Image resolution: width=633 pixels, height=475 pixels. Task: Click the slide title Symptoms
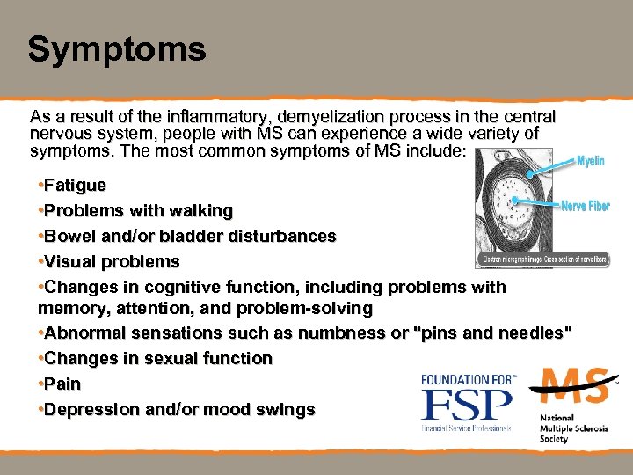coord(116,49)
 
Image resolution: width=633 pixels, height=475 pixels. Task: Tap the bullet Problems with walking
coord(137,211)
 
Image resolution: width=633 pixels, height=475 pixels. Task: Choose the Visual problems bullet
coord(111,262)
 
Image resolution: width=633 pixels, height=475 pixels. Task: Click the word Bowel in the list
coord(67,237)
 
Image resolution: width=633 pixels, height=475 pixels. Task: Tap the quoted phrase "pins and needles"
coord(493,333)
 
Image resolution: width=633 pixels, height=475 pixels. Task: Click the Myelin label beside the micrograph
coord(590,162)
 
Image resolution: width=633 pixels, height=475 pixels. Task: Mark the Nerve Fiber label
coord(586,207)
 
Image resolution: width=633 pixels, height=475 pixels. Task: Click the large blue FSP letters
coord(466,405)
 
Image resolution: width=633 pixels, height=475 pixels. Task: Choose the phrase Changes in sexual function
coord(157,359)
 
